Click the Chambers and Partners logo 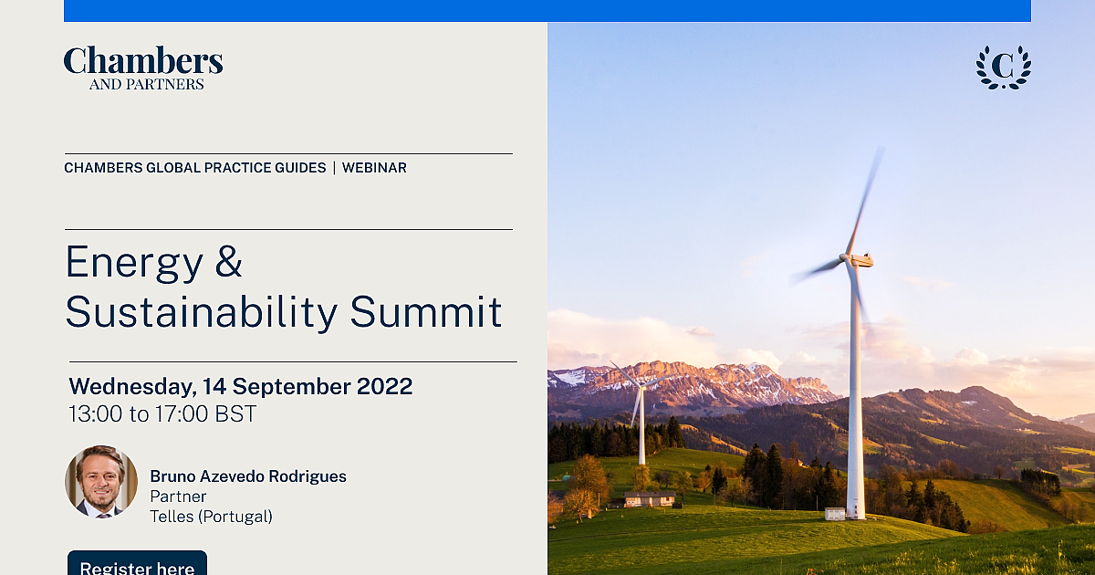coord(143,68)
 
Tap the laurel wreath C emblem coord(1004,68)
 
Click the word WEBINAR coord(374,168)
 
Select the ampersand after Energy coord(228,262)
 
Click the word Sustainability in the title coord(202,312)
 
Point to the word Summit coord(426,311)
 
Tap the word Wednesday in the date coord(132,387)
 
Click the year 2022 coord(385,386)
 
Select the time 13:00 coord(97,414)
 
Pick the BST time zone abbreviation coord(235,414)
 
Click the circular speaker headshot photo coord(101,482)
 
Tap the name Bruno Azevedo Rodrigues coord(248,476)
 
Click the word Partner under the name coord(178,497)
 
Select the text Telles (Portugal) coord(211,517)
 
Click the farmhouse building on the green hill coord(650,498)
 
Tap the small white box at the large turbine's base coord(835,514)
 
